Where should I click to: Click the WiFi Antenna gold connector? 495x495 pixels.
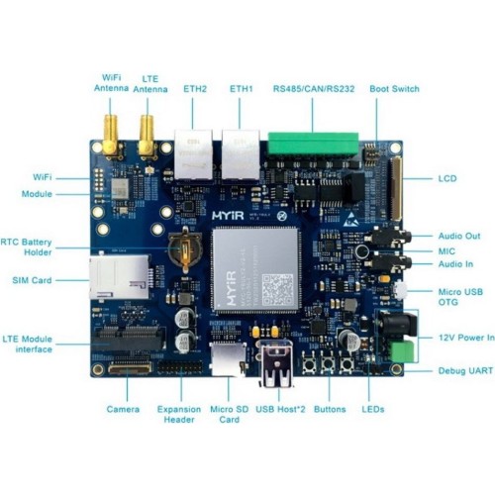pyautogui.click(x=111, y=136)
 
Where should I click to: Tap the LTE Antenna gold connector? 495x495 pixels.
pyautogui.click(x=147, y=136)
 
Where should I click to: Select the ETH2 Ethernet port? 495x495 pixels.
pyautogui.click(x=193, y=154)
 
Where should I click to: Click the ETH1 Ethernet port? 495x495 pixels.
pyautogui.click(x=241, y=154)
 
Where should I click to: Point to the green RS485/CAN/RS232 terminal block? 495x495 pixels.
pyautogui.click(x=313, y=144)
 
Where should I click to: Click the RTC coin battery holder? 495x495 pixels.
pyautogui.click(x=185, y=249)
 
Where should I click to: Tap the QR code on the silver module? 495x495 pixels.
pyautogui.click(x=277, y=289)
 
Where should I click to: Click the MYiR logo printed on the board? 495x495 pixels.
pyautogui.click(x=228, y=216)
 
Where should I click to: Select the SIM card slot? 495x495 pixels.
pyautogui.click(x=119, y=277)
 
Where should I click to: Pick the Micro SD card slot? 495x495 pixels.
pyautogui.click(x=228, y=359)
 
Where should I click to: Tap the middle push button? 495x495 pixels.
pyautogui.click(x=328, y=363)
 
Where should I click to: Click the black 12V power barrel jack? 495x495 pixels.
pyautogui.click(x=398, y=325)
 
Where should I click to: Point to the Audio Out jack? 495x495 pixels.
pyautogui.click(x=389, y=237)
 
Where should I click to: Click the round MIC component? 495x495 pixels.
pyautogui.click(x=362, y=251)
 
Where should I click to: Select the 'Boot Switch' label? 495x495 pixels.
pyautogui.click(x=394, y=89)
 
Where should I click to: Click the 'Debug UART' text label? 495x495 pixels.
pyautogui.click(x=465, y=371)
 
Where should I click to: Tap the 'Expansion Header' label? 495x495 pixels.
pyautogui.click(x=179, y=415)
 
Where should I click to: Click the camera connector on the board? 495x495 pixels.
pyautogui.click(x=130, y=368)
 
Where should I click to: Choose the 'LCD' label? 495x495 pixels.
pyautogui.click(x=447, y=178)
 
